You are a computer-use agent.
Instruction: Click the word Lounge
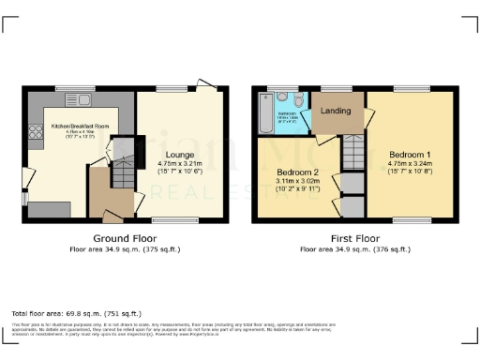(x=180, y=154)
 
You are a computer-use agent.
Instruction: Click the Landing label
(x=336, y=112)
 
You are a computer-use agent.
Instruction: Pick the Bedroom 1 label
(x=409, y=154)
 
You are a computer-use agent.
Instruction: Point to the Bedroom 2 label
(x=298, y=172)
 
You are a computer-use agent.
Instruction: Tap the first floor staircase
(x=352, y=148)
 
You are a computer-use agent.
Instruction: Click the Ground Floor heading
(x=125, y=239)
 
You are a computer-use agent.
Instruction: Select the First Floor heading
(x=354, y=239)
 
